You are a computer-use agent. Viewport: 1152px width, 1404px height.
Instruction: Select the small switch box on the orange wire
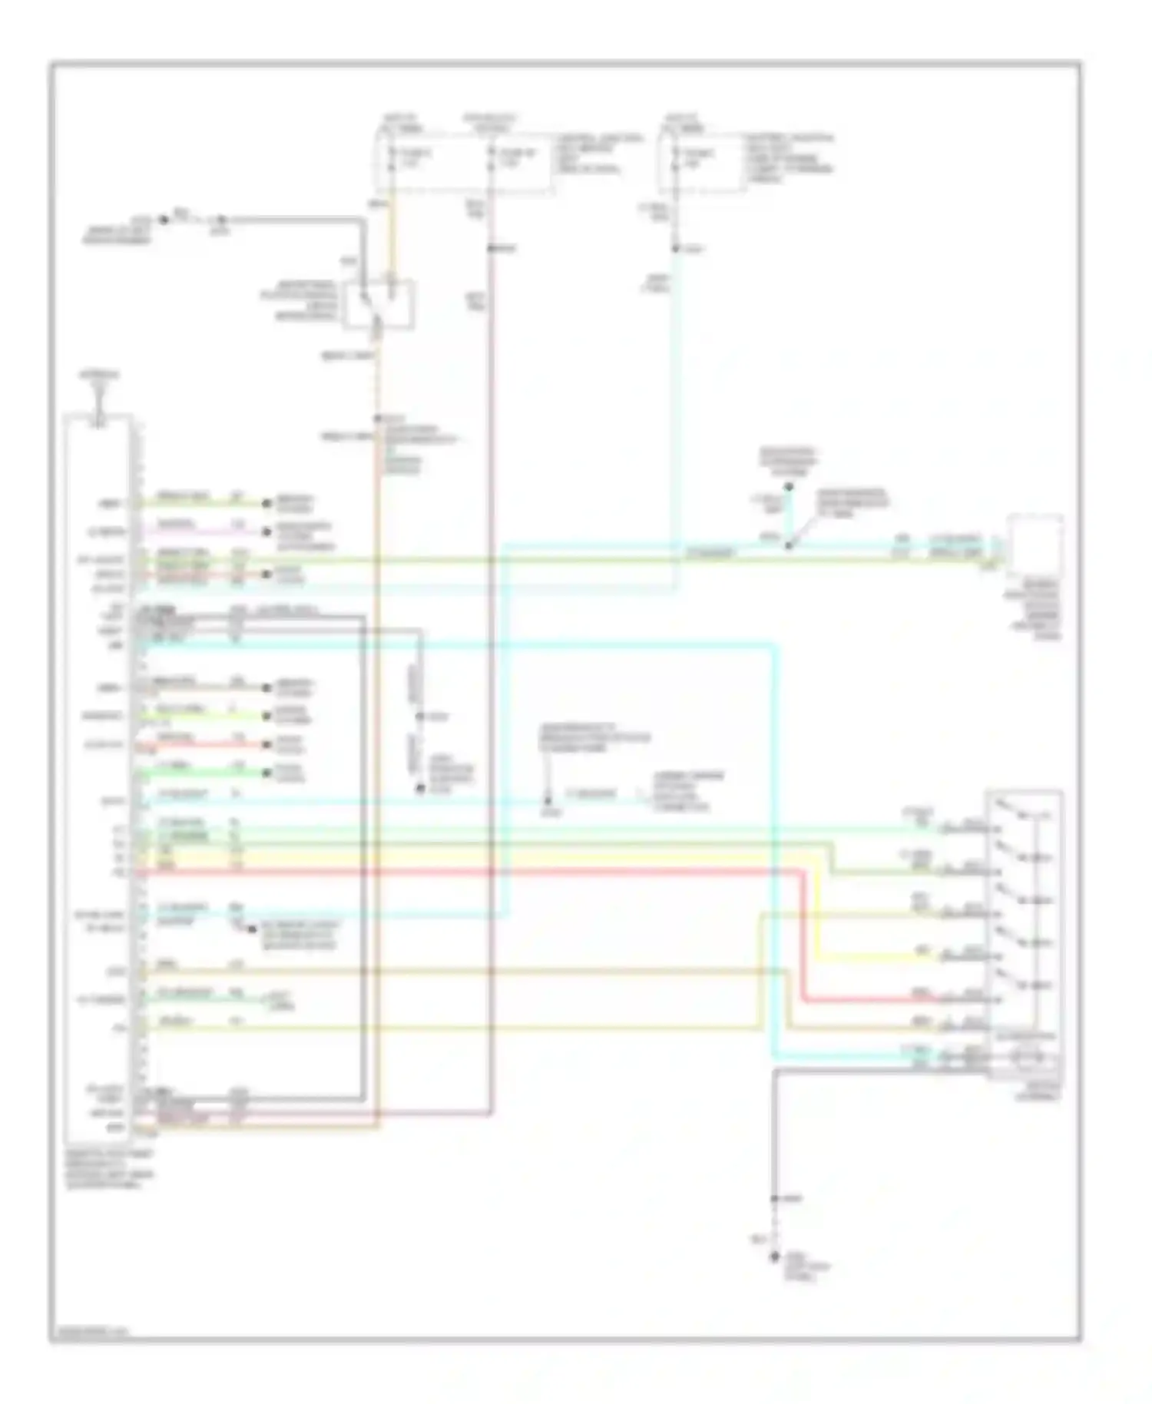point(379,304)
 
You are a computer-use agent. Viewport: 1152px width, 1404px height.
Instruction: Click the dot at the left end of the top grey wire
point(164,220)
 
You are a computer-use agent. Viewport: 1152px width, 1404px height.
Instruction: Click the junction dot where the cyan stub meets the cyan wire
point(789,546)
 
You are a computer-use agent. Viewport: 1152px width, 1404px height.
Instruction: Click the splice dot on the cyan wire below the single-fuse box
point(676,248)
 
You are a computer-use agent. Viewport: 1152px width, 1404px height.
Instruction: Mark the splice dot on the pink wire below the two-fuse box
point(491,248)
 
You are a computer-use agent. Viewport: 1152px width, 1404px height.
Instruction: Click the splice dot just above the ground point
point(775,1198)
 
